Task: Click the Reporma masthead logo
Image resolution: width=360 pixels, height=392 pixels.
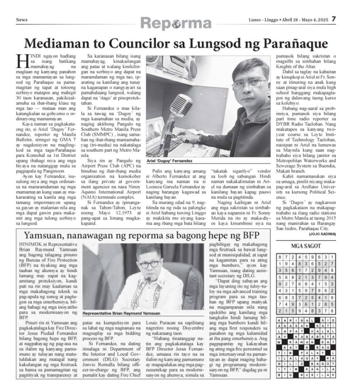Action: (x=176, y=23)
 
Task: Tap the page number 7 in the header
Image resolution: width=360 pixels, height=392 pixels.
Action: (x=334, y=19)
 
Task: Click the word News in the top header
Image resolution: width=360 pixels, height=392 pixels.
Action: (x=22, y=20)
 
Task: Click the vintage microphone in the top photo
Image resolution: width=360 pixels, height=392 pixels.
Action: (x=182, y=107)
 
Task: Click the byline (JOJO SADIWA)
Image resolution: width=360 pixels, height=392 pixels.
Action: (x=323, y=233)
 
